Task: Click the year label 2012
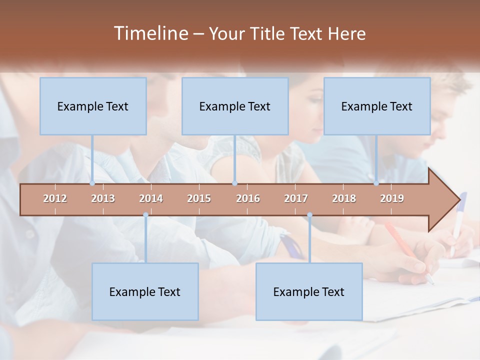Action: [55, 198]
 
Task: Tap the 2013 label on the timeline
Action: [103, 198]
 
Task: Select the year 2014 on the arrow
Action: [151, 198]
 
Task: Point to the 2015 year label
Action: [199, 198]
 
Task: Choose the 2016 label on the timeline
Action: [248, 198]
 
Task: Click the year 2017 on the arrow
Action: [296, 198]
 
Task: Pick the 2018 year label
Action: [344, 198]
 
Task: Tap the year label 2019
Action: [392, 198]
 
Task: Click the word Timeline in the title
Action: [150, 33]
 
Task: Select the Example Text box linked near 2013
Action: [93, 106]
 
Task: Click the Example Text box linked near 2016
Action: [235, 106]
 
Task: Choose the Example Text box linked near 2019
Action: [377, 106]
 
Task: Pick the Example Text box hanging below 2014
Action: [145, 291]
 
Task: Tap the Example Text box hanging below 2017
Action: [309, 291]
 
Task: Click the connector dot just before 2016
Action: [235, 183]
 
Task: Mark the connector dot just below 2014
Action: [145, 215]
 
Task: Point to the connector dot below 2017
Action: [309, 215]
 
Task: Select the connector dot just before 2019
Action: [376, 183]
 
